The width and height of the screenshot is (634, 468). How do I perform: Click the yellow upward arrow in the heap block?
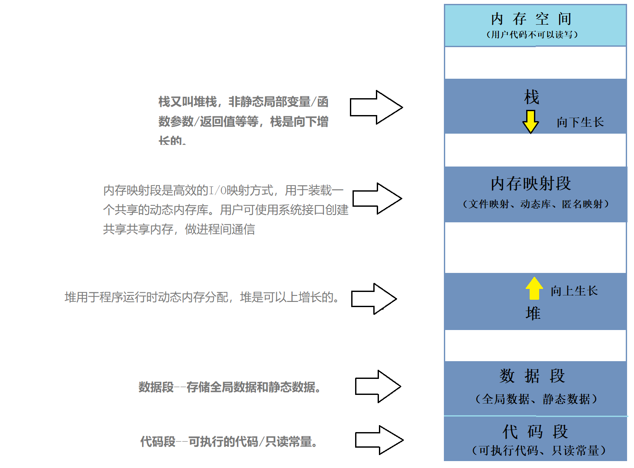tap(534, 288)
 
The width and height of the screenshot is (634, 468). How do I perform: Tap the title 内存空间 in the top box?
tap(531, 19)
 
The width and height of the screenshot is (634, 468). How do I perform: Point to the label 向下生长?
tap(580, 122)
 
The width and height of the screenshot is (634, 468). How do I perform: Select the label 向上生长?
tap(574, 291)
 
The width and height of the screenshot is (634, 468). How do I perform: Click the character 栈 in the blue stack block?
tap(532, 97)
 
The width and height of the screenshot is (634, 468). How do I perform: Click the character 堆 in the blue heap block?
tap(533, 313)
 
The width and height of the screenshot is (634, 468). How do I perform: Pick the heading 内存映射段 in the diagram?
tap(531, 184)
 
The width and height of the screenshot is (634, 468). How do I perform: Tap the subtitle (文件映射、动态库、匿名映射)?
tap(536, 204)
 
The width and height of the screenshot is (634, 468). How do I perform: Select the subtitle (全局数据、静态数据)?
tap(536, 399)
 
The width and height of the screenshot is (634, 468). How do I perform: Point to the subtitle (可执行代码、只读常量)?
tap(538, 451)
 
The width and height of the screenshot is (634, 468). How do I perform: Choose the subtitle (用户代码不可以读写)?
tap(532, 35)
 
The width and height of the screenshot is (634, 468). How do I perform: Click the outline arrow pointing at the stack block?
tap(376, 107)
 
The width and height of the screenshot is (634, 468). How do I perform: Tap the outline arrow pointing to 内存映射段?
tap(377, 199)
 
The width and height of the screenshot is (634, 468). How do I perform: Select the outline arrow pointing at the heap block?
tap(374, 299)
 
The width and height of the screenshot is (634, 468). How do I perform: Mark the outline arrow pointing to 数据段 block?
tap(378, 386)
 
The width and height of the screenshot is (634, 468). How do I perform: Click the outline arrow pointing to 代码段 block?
tap(379, 440)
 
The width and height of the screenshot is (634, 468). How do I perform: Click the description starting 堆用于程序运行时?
tap(202, 298)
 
